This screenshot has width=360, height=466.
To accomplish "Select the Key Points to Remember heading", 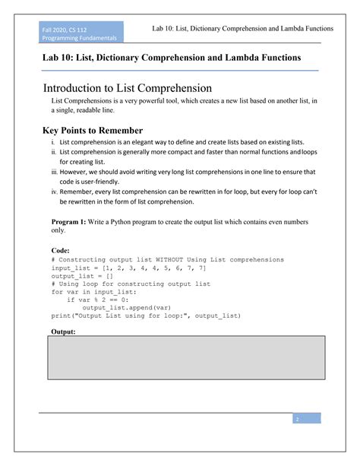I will (92, 130).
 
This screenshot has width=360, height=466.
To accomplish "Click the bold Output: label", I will (65, 331).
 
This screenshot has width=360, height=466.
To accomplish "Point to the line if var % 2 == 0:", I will (101, 300).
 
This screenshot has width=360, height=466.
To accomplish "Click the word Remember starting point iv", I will (78, 193).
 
